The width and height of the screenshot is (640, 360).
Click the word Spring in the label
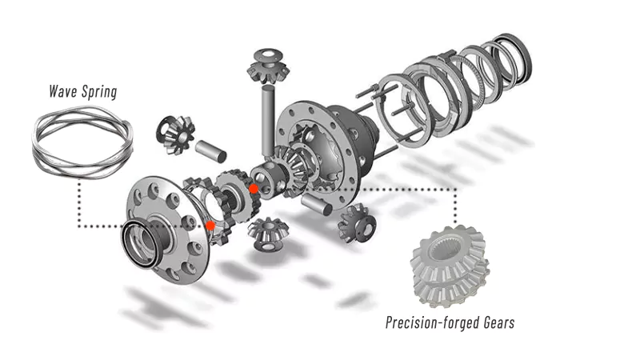tap(100, 92)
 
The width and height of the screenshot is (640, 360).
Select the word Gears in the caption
tap(495, 323)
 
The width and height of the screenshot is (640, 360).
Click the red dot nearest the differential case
tap(254, 188)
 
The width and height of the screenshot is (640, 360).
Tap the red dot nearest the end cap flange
tap(210, 226)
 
